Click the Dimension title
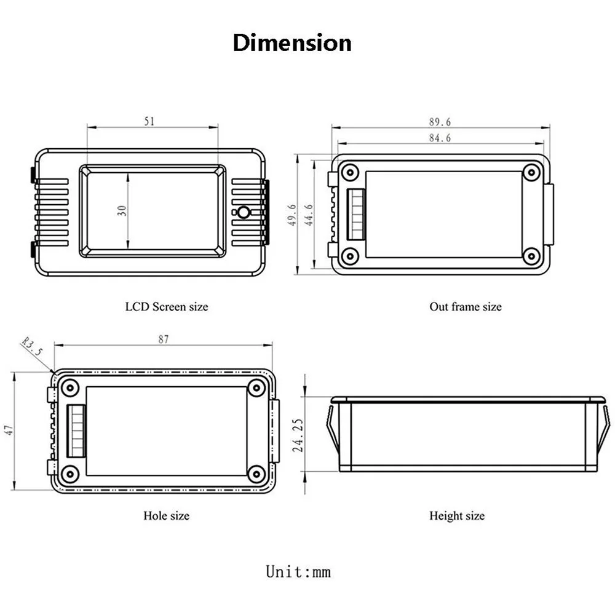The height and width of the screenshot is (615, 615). [x=292, y=44]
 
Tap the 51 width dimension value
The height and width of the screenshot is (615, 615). [x=149, y=121]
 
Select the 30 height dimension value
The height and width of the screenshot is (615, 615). [x=122, y=210]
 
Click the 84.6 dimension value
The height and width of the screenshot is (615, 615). [x=440, y=138]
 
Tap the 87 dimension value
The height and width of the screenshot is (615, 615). [x=162, y=339]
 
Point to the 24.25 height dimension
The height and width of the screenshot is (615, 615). [x=298, y=435]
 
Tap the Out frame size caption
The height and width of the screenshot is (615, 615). [x=465, y=306]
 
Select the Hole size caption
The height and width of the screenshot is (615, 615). [x=166, y=515]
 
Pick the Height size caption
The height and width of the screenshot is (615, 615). [x=456, y=515]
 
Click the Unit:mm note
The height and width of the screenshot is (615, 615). [x=298, y=571]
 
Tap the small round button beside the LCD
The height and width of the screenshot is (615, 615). [x=243, y=213]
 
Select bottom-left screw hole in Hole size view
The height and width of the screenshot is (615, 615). [x=70, y=474]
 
